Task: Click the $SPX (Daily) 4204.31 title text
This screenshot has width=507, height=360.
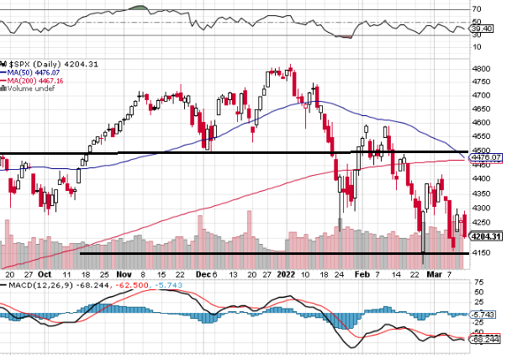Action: click(39, 64)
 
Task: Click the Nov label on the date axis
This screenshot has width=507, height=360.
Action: click(124, 274)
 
